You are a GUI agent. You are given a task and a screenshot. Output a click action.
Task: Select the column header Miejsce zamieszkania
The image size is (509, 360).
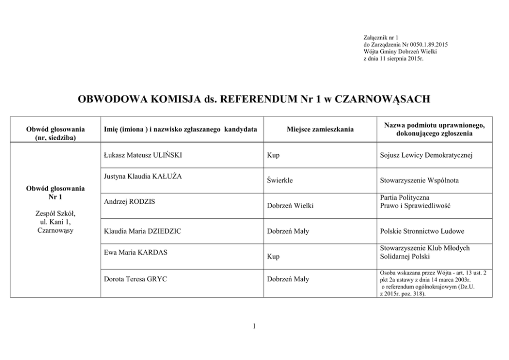pyautogui.click(x=320, y=129)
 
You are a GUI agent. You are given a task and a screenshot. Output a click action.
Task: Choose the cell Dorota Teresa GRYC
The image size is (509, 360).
pyautogui.click(x=135, y=279)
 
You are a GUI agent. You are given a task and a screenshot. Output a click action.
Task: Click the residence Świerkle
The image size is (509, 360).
pyautogui.click(x=280, y=180)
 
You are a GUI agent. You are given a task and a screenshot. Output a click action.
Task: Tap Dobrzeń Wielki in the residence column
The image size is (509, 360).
pyautogui.click(x=290, y=205)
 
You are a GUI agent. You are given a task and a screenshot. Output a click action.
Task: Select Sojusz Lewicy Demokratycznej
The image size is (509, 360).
pyautogui.click(x=426, y=155)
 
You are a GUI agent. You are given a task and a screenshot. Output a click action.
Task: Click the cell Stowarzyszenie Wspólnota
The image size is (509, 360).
pyautogui.click(x=419, y=180)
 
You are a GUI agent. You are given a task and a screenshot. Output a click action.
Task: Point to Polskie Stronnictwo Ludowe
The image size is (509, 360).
pyautogui.click(x=422, y=231)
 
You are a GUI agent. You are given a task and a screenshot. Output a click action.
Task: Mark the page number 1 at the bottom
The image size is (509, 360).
pyautogui.click(x=254, y=327)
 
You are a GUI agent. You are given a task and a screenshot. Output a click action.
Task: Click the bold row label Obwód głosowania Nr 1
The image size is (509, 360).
pyautogui.click(x=55, y=193)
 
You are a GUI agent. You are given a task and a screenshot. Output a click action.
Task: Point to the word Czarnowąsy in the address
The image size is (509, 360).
pyautogui.click(x=55, y=230)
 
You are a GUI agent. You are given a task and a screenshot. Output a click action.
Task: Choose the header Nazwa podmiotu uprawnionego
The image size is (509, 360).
pyautogui.click(x=434, y=125)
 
